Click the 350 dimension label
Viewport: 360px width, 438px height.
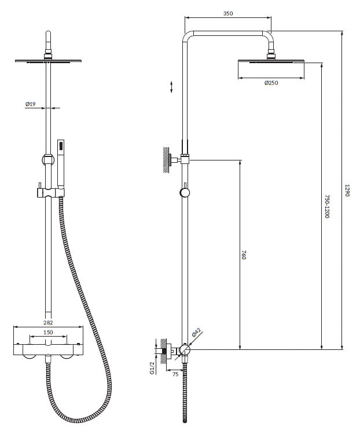[228, 13]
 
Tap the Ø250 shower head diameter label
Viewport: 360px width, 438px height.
[271, 83]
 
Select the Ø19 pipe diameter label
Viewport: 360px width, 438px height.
[31, 104]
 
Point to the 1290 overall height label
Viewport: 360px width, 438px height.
[347, 190]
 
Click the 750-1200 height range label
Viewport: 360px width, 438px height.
[327, 206]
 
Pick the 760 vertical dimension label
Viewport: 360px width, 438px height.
[244, 255]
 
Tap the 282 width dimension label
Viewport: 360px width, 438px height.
[48, 323]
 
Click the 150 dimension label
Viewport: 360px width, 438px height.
[48, 333]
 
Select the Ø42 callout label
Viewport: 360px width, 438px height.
[197, 333]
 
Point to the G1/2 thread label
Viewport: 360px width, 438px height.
[152, 368]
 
